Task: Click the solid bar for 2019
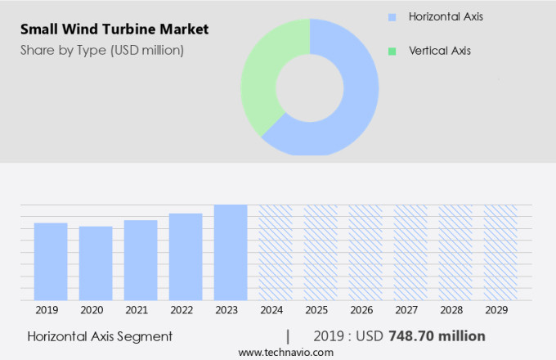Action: pyautogui.click(x=51, y=262)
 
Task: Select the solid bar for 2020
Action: pyautogui.click(x=96, y=263)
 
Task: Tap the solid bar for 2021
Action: pyautogui.click(x=141, y=260)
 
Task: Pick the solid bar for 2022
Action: pyautogui.click(x=186, y=257)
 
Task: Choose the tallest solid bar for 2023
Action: pyautogui.click(x=231, y=253)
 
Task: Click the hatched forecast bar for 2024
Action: pyautogui.click(x=276, y=253)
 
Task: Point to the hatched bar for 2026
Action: pyautogui.click(x=365, y=253)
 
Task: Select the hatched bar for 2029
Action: pyautogui.click(x=500, y=253)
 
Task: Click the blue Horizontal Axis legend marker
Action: pyautogui.click(x=392, y=16)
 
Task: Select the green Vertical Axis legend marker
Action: pyautogui.click(x=392, y=51)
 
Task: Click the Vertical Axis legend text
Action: pyautogui.click(x=440, y=51)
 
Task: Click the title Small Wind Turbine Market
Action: pyautogui.click(x=114, y=29)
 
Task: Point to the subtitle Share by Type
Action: pyautogui.click(x=102, y=51)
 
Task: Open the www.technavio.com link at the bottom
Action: pyautogui.click(x=286, y=352)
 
